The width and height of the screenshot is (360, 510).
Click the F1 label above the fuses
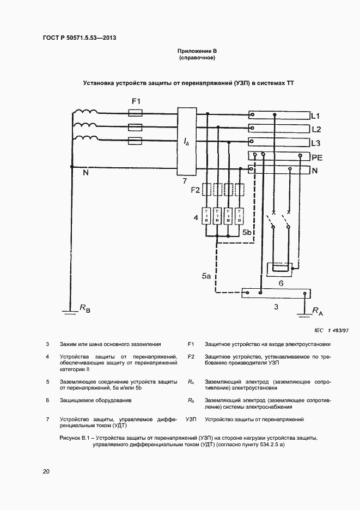(x=136, y=102)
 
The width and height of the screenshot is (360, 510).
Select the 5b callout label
(x=246, y=233)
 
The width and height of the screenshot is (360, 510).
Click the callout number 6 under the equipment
(x=280, y=284)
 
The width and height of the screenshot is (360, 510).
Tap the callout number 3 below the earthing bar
(x=276, y=307)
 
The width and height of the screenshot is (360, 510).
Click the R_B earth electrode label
(x=85, y=309)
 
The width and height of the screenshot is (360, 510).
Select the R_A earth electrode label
(x=318, y=311)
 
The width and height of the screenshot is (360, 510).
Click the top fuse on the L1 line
(x=135, y=113)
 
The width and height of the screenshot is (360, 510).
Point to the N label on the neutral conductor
(x=85, y=173)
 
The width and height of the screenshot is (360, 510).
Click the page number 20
(x=46, y=471)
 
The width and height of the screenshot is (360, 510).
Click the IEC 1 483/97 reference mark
(x=331, y=330)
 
